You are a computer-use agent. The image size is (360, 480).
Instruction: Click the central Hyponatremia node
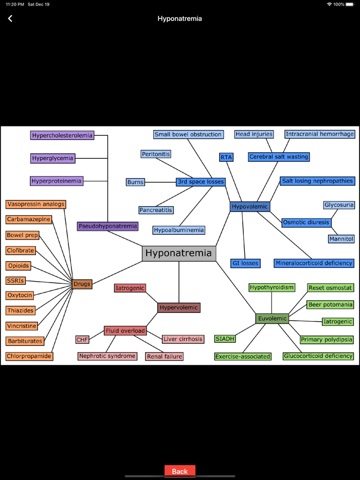[178, 253]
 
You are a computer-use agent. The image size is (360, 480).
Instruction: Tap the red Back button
[179, 471]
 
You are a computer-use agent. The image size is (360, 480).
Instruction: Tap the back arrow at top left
[10, 19]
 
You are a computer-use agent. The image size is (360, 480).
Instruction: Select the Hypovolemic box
[250, 207]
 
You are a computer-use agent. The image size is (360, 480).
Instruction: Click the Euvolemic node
[272, 319]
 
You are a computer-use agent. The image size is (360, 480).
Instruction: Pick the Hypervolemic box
[178, 308]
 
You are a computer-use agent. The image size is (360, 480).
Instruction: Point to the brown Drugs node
[82, 284]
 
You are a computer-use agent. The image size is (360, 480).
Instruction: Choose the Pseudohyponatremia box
[108, 226]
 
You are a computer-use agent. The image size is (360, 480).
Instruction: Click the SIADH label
[225, 339]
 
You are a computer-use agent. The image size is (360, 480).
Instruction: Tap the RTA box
[226, 157]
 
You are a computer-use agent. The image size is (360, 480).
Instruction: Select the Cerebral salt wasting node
[279, 157]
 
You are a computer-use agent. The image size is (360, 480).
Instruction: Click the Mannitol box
[341, 239]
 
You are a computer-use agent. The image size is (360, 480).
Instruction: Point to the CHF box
[82, 340]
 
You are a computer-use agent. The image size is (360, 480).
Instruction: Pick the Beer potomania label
[330, 305]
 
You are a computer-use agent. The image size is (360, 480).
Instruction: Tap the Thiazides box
[21, 310]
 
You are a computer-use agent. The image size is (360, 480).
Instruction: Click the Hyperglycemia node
[52, 158]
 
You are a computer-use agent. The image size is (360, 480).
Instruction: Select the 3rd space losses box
[201, 182]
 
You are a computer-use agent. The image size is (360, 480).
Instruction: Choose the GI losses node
[245, 263]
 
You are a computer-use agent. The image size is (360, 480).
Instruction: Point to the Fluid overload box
[125, 330]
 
